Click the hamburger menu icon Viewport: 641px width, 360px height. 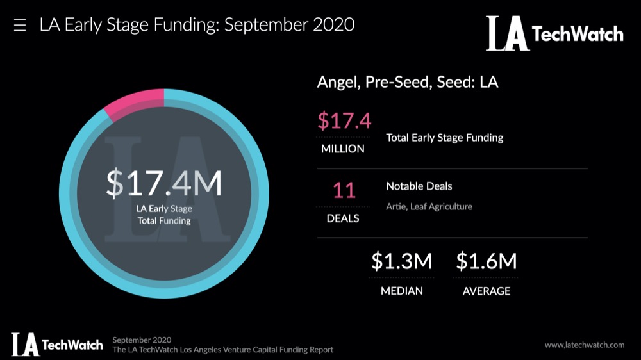pyautogui.click(x=20, y=26)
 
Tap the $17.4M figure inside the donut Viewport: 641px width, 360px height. pyautogui.click(x=164, y=183)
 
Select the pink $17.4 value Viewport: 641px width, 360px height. pyautogui.click(x=344, y=121)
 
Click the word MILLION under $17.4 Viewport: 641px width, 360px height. pyautogui.click(x=343, y=149)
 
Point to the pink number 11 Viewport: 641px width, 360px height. pyautogui.click(x=344, y=191)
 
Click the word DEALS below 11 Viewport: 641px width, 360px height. pyautogui.click(x=344, y=218)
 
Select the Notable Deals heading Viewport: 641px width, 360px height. pyautogui.click(x=419, y=186)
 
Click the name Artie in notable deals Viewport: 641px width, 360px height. pyautogui.click(x=396, y=206)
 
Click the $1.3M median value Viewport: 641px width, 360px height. pyautogui.click(x=402, y=261)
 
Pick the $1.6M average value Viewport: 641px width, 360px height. pyautogui.click(x=486, y=261)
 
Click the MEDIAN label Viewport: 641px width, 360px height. pyautogui.click(x=402, y=291)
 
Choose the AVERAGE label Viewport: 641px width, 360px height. pyautogui.click(x=487, y=291)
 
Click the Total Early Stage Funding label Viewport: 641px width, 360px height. pyautogui.click(x=444, y=138)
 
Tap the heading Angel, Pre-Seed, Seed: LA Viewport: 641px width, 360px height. pyautogui.click(x=408, y=83)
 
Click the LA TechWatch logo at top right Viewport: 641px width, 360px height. pyautogui.click(x=554, y=33)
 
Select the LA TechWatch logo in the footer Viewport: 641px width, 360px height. pyautogui.click(x=56, y=344)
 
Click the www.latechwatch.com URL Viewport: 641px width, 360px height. pyautogui.click(x=584, y=345)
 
